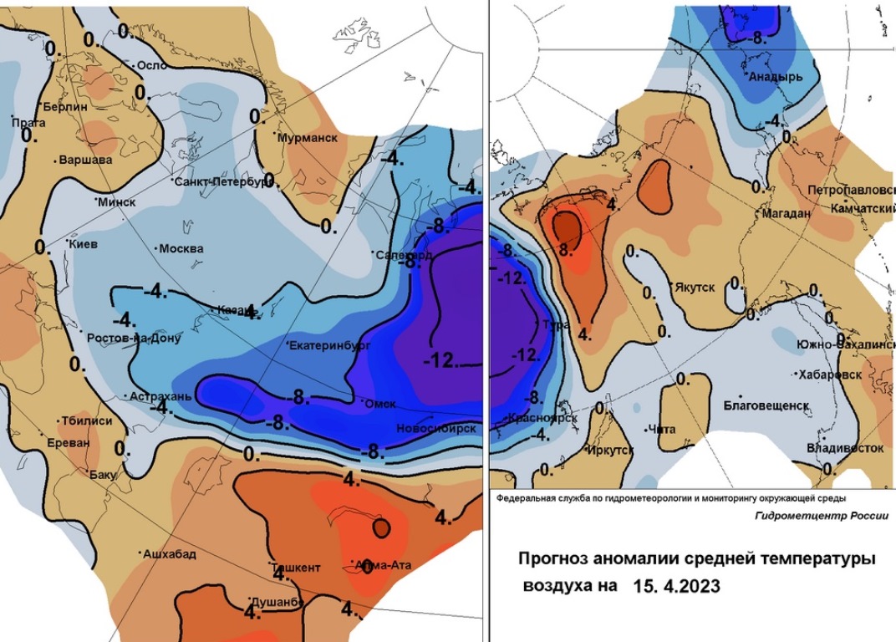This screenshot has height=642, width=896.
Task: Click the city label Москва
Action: [x=181, y=248]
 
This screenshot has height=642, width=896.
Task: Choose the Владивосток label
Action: [x=845, y=448]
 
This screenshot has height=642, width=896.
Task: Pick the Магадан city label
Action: [x=787, y=214]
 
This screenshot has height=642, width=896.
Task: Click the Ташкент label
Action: [x=295, y=568]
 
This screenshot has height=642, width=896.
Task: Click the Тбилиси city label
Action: [x=84, y=421]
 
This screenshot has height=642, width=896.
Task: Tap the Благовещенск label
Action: [x=766, y=405]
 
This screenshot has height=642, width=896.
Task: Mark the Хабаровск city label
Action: [x=831, y=374]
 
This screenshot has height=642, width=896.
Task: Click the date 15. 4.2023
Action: [x=678, y=587]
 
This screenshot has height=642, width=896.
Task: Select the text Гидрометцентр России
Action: [x=821, y=517]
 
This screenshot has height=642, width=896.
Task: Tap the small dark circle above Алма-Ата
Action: [x=381, y=527]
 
